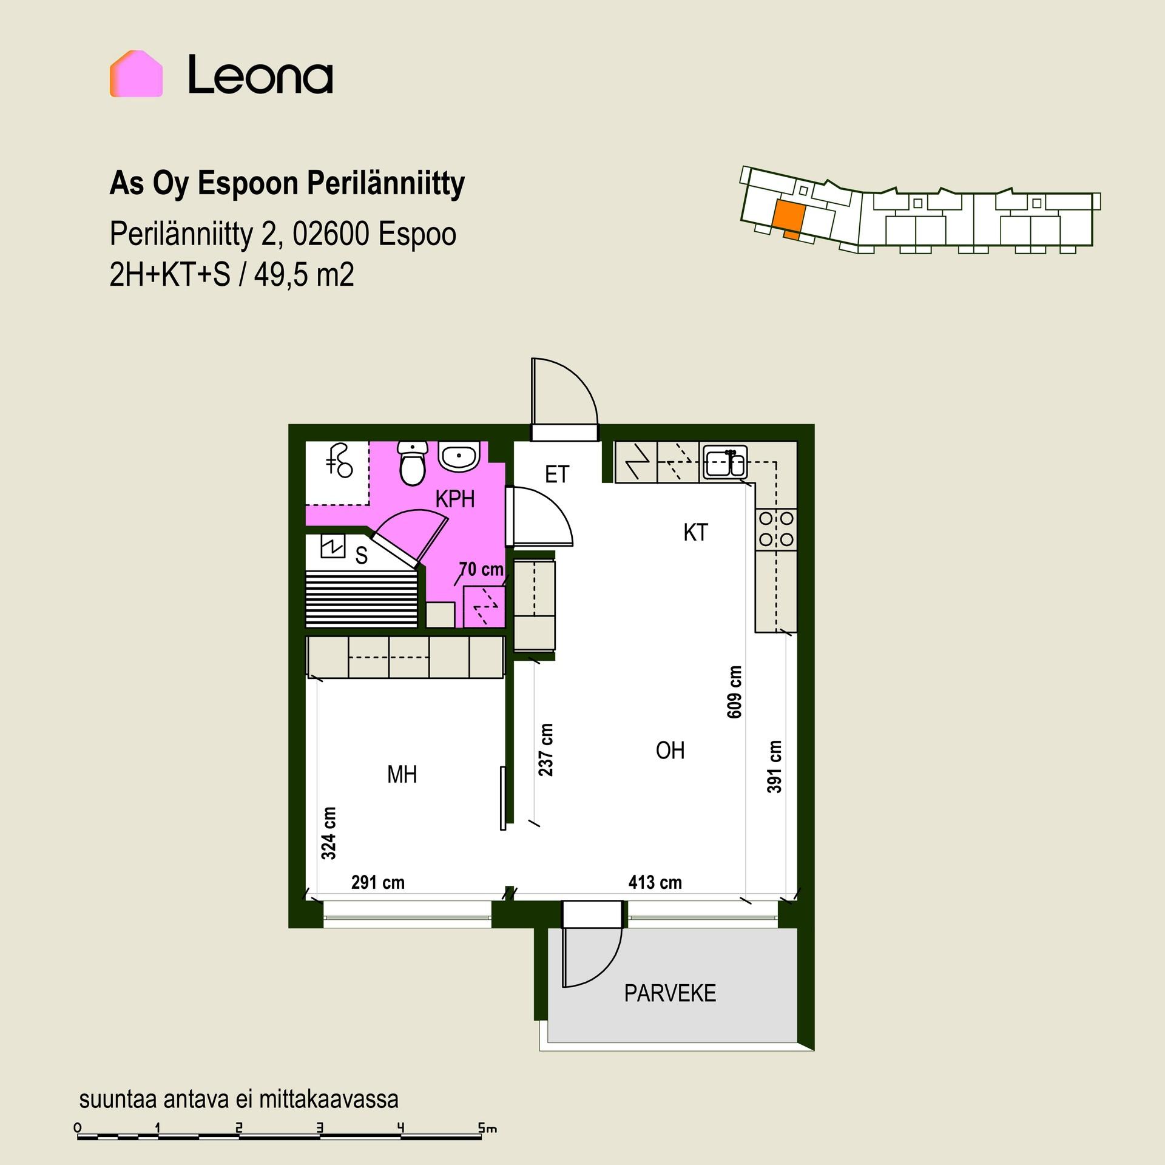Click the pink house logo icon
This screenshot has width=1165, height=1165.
(x=136, y=73)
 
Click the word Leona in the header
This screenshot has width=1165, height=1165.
(x=260, y=75)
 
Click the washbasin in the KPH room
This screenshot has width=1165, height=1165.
(x=459, y=456)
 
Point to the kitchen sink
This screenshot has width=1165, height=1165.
(x=725, y=463)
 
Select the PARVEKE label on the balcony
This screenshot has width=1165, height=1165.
(x=670, y=993)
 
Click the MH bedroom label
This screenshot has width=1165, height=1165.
(x=402, y=774)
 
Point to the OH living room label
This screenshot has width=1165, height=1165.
(x=670, y=751)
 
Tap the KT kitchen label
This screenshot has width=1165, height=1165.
(x=695, y=532)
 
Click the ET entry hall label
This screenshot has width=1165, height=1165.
(x=557, y=474)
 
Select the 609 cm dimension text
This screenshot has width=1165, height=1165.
(x=734, y=692)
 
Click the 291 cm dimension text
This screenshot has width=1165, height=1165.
(x=377, y=882)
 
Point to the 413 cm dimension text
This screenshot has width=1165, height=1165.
(x=655, y=882)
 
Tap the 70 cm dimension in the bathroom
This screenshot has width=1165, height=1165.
(x=481, y=569)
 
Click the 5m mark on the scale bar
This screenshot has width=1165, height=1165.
(x=487, y=1128)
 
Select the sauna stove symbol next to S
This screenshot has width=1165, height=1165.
(x=333, y=545)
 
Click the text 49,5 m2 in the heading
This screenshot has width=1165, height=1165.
(x=304, y=275)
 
